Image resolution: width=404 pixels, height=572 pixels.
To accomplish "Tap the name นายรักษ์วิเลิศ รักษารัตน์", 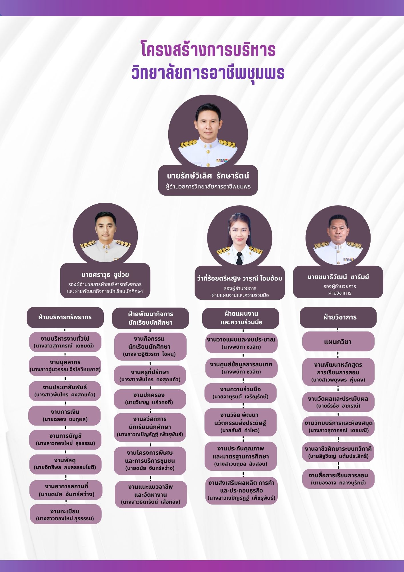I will pyautogui.click(x=208, y=176).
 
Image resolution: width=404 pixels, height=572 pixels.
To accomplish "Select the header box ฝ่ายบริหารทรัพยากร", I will pyautogui.click(x=65, y=317).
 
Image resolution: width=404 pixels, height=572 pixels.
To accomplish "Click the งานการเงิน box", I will pyautogui.click(x=65, y=415).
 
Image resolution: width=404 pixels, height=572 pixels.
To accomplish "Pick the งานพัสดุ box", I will pyautogui.click(x=65, y=464).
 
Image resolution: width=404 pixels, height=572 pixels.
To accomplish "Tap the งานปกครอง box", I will pyautogui.click(x=149, y=399).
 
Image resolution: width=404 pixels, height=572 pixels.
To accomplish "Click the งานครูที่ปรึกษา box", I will pyautogui.click(x=150, y=376).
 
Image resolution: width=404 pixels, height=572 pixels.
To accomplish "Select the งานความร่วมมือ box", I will pyautogui.click(x=241, y=393).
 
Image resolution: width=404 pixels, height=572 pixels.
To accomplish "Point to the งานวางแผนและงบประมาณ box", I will pyautogui.click(x=241, y=343).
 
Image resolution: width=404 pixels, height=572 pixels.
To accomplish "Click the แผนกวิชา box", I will pyautogui.click(x=338, y=341).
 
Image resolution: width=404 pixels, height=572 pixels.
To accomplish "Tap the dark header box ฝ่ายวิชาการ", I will pyautogui.click(x=338, y=317).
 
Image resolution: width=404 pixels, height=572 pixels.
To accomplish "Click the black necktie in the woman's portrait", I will pyautogui.click(x=239, y=258).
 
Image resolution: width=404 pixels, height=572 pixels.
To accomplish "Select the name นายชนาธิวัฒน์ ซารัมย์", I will pyautogui.click(x=338, y=277).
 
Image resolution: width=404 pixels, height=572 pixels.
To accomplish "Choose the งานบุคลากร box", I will pyautogui.click(x=65, y=366).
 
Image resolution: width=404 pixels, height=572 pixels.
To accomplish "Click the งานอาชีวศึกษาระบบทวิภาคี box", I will pyautogui.click(x=338, y=452).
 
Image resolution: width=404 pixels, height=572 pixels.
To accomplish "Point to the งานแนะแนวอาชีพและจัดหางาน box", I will pyautogui.click(x=151, y=494).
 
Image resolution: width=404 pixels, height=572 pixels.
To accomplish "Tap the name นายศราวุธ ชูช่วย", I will pyautogui.click(x=105, y=275).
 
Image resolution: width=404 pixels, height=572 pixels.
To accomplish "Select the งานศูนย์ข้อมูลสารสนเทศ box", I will pyautogui.click(x=241, y=368).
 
